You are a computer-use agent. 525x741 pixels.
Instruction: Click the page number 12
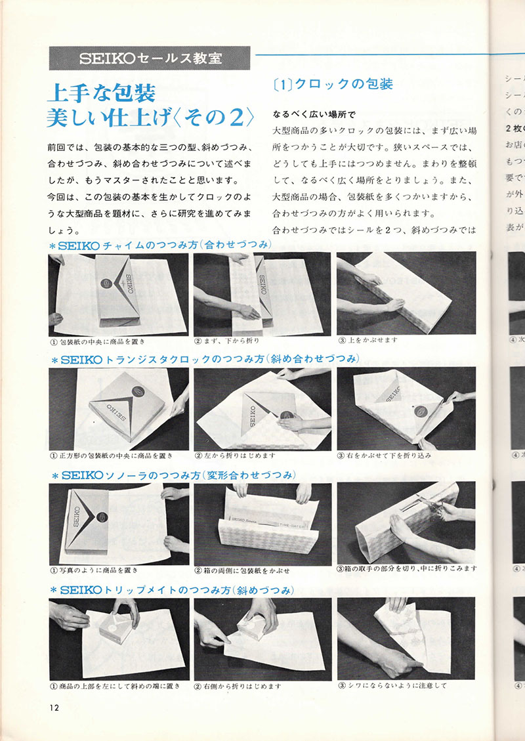coord(54,706)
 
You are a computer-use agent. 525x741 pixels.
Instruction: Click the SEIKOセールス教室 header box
coord(149,58)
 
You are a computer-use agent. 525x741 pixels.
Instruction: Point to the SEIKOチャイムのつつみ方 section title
coord(161,245)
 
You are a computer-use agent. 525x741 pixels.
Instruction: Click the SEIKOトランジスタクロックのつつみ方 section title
coord(204,359)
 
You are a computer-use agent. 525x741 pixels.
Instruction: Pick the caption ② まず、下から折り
coord(229,341)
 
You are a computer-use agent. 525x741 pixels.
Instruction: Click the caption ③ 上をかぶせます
coord(368,341)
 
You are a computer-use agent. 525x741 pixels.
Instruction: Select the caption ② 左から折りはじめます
coord(236,455)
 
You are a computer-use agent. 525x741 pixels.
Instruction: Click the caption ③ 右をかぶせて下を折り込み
coord(384,455)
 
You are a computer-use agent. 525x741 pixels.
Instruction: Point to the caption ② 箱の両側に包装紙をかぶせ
coord(242,570)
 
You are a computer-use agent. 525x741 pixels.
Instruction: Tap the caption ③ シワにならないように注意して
coord(392,686)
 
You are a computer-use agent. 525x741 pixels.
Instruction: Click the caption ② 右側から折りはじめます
coord(238,686)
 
